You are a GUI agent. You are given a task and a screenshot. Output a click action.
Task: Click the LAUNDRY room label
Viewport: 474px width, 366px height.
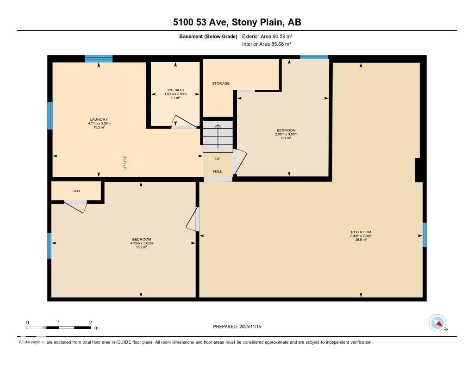(99, 119)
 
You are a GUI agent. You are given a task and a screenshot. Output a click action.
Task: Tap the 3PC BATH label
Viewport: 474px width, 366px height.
(175, 90)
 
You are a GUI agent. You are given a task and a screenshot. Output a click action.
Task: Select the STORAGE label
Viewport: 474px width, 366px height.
(221, 83)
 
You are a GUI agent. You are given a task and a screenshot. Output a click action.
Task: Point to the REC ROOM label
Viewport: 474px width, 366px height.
(361, 232)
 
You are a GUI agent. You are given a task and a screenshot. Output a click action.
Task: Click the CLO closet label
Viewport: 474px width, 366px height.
(76, 191)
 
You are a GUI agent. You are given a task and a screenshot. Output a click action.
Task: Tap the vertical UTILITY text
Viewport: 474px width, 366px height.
(125, 163)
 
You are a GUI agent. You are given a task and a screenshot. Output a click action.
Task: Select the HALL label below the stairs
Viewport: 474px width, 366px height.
(218, 171)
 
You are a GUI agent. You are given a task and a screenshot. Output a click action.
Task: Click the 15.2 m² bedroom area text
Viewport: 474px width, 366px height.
(142, 247)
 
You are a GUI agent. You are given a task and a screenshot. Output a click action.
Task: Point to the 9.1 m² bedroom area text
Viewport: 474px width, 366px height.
(286, 138)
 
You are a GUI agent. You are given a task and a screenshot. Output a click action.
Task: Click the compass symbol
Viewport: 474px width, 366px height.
(437, 323)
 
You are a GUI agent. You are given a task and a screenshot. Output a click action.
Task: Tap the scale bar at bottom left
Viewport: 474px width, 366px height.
(59, 328)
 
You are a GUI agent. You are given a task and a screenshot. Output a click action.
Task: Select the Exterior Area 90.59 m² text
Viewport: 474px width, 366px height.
(267, 36)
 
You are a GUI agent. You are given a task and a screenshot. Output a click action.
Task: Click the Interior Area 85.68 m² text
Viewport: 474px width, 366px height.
(267, 44)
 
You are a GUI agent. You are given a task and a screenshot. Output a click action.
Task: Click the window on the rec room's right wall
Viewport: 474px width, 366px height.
(424, 235)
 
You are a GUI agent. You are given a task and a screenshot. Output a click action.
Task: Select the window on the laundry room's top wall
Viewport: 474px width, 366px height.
(99, 59)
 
